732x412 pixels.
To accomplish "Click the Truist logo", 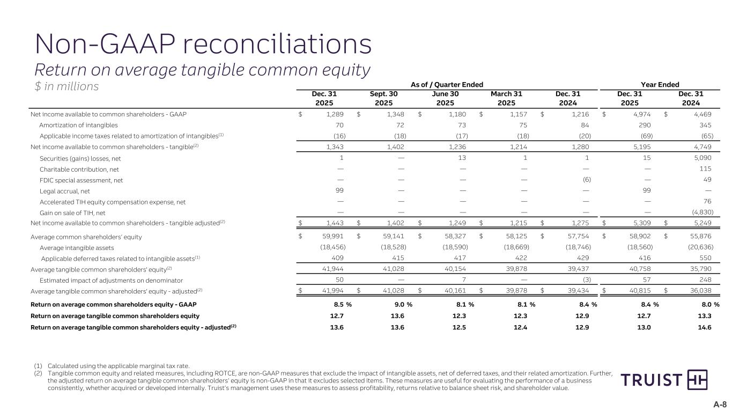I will (664, 380).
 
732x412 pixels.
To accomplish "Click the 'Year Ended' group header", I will (660, 85).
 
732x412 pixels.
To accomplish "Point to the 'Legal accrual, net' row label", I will (65, 190).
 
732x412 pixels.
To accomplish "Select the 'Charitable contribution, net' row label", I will (79, 169).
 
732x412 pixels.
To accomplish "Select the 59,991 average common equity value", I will (333, 237).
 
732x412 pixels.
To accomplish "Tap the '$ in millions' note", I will (66, 86).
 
